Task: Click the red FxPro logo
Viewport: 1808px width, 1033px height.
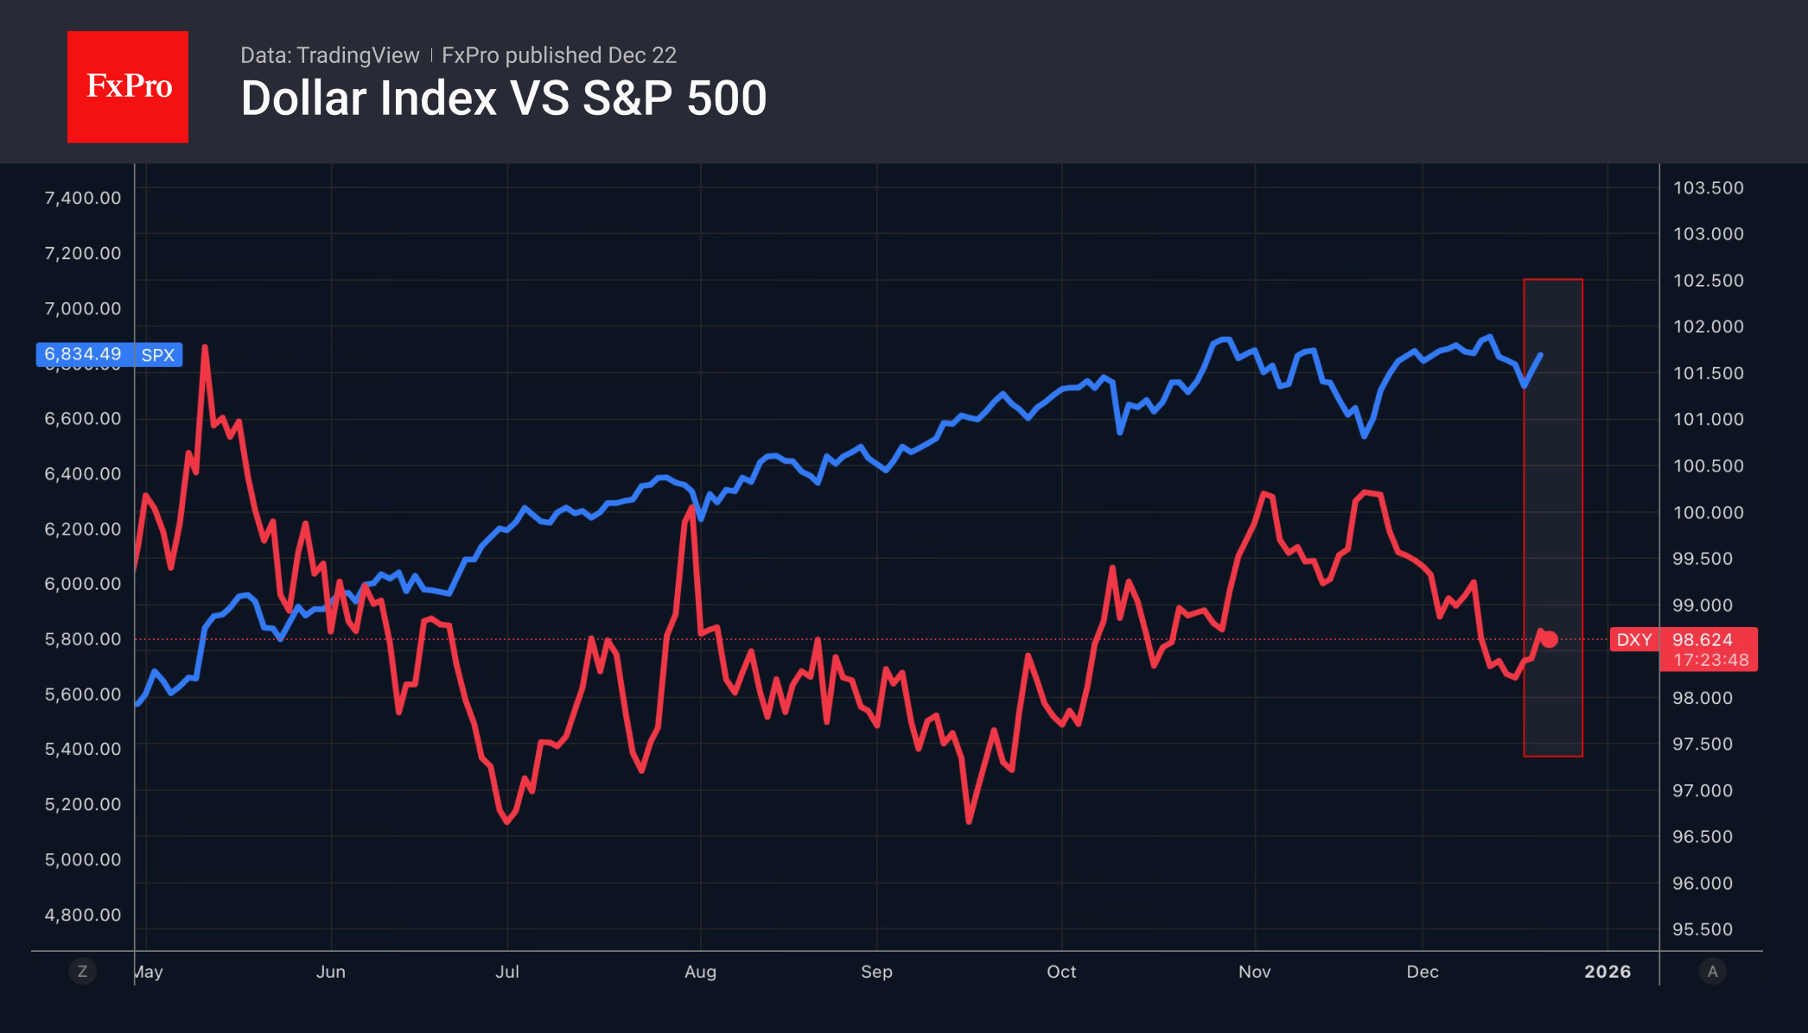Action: (x=128, y=86)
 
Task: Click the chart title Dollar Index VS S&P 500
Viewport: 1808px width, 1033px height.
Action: (x=504, y=98)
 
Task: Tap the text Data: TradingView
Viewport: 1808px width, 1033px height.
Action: (x=329, y=55)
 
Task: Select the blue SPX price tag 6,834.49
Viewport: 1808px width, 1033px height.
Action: (x=83, y=354)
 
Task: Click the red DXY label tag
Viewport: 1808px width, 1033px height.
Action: (x=1633, y=640)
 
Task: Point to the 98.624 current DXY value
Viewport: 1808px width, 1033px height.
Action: (x=1702, y=640)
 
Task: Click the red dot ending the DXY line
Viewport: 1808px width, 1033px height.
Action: (x=1550, y=639)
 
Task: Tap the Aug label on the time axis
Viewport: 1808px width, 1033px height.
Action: (x=700, y=972)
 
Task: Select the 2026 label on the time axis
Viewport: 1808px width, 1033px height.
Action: (x=1607, y=972)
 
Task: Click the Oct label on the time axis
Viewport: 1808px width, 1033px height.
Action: (x=1061, y=972)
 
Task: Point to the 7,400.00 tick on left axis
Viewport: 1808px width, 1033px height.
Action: (x=83, y=198)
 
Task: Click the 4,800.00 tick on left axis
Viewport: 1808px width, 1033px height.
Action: (x=83, y=915)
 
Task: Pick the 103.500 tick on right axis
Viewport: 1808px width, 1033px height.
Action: (x=1708, y=188)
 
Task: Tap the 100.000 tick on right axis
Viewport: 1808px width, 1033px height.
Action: (x=1708, y=512)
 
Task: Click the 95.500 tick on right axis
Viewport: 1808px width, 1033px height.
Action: (x=1702, y=929)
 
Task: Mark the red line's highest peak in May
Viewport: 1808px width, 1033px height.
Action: (x=205, y=347)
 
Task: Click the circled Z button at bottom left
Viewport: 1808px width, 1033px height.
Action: (x=82, y=971)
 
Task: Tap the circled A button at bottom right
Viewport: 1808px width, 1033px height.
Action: (x=1712, y=971)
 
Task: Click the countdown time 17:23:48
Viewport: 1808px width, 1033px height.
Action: (x=1710, y=660)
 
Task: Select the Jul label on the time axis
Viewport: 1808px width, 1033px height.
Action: (x=507, y=972)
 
